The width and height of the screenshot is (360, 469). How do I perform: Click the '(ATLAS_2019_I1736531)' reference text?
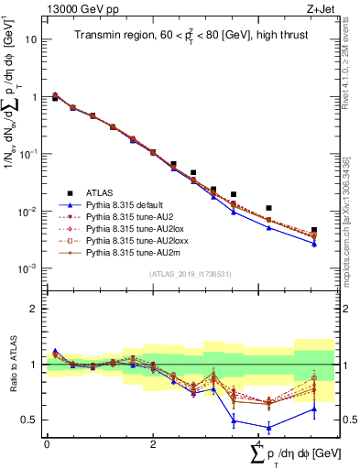click(190, 273)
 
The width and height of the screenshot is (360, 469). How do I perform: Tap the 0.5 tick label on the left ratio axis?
click(31, 420)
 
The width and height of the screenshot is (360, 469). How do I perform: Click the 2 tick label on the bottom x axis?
click(152, 443)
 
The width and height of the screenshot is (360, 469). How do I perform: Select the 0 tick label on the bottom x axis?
click(47, 443)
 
